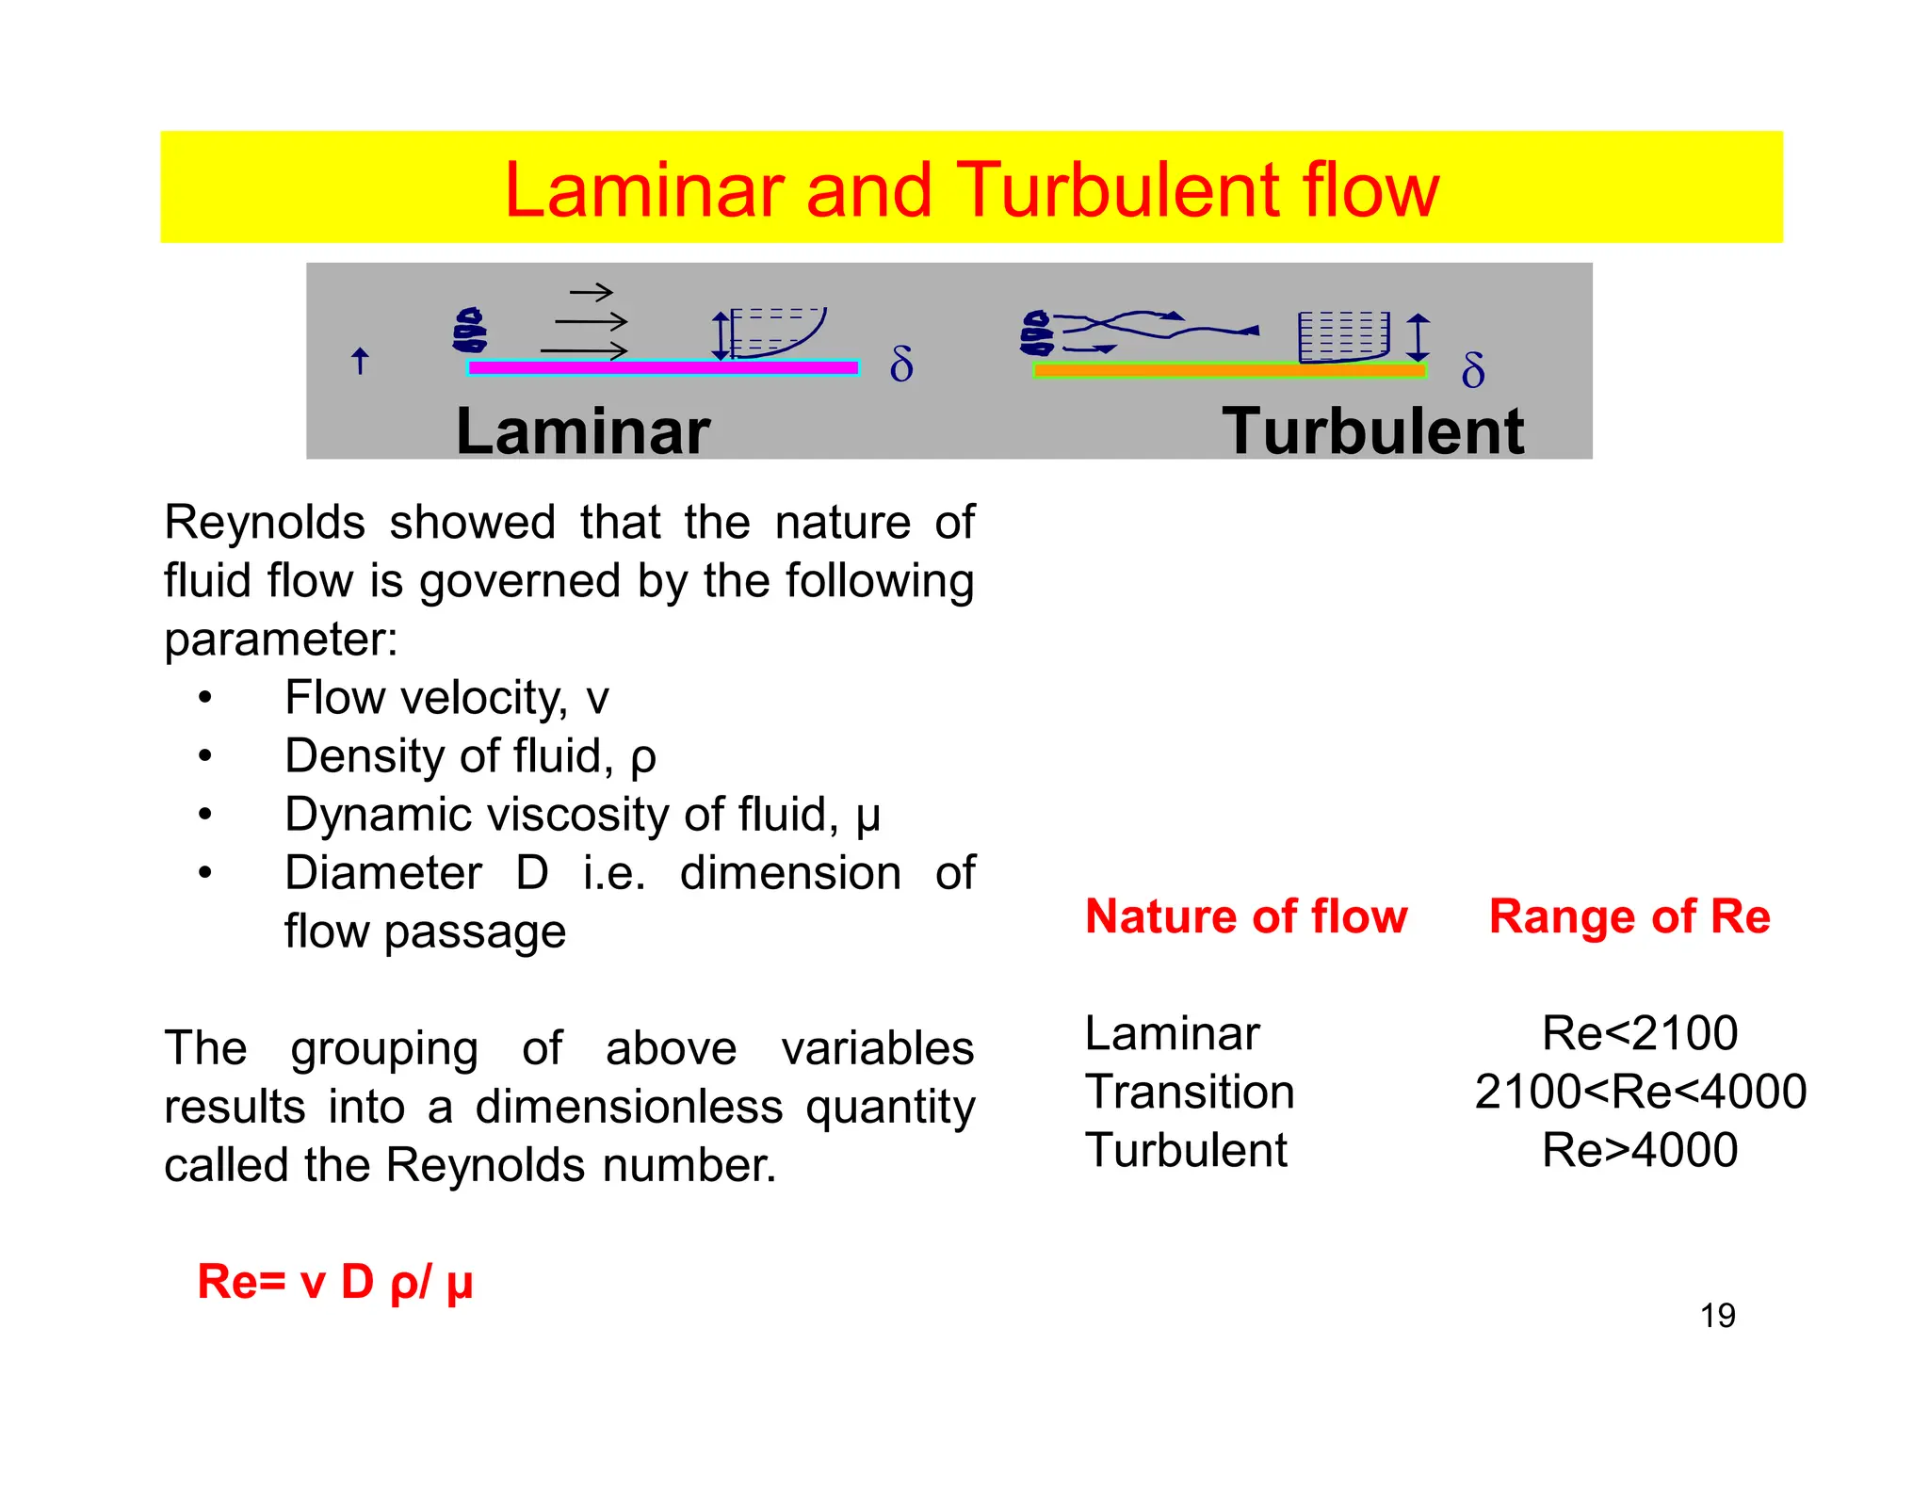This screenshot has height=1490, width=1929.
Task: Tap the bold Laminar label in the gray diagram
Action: [582, 432]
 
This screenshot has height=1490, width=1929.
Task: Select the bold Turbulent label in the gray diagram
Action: [1371, 432]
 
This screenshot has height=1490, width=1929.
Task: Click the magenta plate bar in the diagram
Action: [663, 368]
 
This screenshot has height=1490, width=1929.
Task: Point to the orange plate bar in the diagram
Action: [1229, 370]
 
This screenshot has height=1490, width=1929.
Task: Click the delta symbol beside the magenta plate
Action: [901, 364]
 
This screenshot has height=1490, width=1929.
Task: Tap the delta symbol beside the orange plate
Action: [1473, 370]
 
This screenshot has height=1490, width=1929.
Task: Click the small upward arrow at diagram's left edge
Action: [359, 361]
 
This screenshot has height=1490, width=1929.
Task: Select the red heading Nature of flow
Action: [1245, 916]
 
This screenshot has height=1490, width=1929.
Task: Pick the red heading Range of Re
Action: [1629, 916]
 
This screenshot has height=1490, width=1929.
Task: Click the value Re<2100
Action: [1639, 1033]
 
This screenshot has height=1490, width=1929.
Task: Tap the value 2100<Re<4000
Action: [1640, 1092]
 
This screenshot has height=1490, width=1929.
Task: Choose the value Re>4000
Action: [1639, 1150]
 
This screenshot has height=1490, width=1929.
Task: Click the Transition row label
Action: [1190, 1092]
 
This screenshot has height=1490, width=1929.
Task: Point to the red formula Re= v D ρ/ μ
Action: [334, 1282]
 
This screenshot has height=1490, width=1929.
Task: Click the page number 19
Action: [1717, 1316]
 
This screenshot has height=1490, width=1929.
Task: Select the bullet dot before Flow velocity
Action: [205, 698]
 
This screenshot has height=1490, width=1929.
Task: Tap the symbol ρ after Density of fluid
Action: [642, 758]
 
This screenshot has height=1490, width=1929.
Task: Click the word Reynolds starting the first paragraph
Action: [265, 523]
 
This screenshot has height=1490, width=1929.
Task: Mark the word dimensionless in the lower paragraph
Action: [628, 1107]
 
